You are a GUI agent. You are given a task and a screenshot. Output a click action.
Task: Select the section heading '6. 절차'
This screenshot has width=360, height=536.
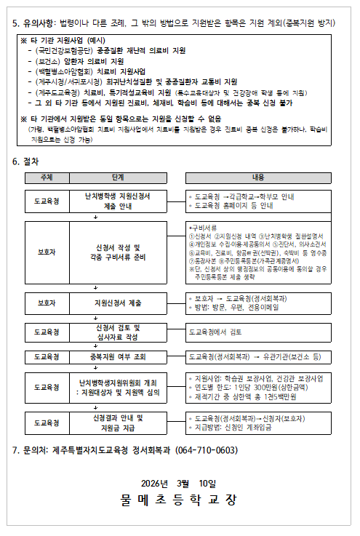pos(26,161)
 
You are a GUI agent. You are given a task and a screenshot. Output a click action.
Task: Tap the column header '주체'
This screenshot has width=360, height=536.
pos(46,177)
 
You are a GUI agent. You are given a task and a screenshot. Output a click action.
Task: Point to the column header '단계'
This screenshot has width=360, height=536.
pos(118,177)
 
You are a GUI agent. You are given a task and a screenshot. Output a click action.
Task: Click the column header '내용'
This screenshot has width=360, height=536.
pos(258,177)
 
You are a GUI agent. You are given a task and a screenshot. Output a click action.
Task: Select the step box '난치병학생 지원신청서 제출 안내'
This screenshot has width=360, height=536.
pos(119,201)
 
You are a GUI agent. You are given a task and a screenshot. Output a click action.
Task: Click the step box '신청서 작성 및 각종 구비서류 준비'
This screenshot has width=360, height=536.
pos(119,252)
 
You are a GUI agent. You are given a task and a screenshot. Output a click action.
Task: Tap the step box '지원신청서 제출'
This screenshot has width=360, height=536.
pos(119,302)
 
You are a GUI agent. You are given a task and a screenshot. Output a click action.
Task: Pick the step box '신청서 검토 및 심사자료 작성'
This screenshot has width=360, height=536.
pos(119,332)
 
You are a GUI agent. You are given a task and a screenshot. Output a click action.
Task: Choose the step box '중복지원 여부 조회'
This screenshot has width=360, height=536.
pos(119,357)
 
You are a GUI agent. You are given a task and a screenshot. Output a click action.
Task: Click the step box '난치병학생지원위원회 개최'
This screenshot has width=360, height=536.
pos(119,388)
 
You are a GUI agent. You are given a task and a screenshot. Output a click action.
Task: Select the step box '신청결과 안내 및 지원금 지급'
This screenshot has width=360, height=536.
pos(119,423)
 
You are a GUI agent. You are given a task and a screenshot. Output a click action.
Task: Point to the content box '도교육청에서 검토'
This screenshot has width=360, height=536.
pos(215,332)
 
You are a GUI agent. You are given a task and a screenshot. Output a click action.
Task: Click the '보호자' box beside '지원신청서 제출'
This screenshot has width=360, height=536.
pos(46,302)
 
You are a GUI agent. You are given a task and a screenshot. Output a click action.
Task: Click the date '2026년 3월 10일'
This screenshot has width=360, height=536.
pos(180,482)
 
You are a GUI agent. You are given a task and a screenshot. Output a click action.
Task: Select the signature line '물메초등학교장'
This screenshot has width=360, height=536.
pos(179,500)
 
